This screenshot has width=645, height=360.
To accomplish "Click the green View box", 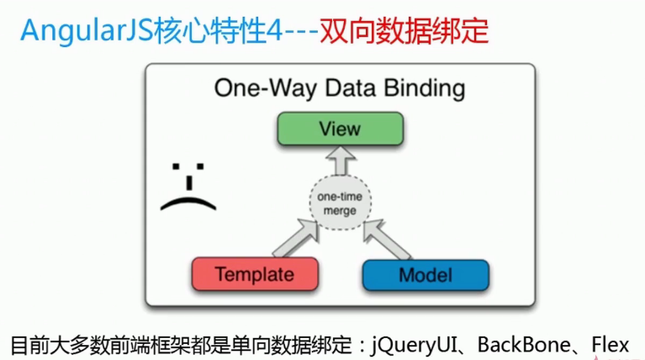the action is click(x=341, y=129).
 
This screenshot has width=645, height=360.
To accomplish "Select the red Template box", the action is click(x=255, y=274).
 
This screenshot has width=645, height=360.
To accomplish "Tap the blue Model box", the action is click(x=426, y=275).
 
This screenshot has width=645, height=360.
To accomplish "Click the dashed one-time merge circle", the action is click(x=341, y=203).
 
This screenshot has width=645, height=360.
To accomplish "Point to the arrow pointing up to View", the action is click(x=341, y=161).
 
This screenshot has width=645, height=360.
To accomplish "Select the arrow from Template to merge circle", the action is click(x=296, y=238).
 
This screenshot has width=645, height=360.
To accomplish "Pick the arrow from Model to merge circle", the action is click(x=387, y=240).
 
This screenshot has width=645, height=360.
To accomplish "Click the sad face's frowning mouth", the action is click(x=188, y=204).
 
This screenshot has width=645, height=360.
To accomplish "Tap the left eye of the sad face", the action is click(x=176, y=167).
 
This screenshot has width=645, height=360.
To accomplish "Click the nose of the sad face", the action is click(x=189, y=183).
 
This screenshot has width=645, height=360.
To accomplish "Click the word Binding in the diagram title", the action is click(x=425, y=89).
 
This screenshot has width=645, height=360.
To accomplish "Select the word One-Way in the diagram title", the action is click(x=266, y=89).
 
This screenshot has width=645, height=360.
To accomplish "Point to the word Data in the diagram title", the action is click(x=351, y=88).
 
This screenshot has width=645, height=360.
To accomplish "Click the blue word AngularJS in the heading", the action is click(x=87, y=31).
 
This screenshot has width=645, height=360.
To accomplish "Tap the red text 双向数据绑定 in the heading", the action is click(x=404, y=31).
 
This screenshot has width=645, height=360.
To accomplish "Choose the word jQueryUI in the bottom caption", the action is click(x=414, y=345).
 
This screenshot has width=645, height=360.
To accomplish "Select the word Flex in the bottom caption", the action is click(x=611, y=345).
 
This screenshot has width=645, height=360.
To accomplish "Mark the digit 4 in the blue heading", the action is click(x=274, y=31).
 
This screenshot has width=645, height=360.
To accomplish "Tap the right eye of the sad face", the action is click(x=200, y=167).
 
